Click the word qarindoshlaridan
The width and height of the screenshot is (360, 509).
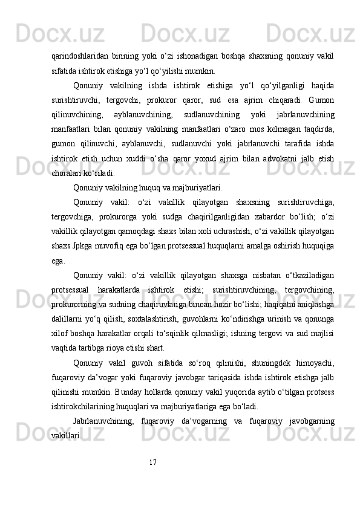pos(78,57)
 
